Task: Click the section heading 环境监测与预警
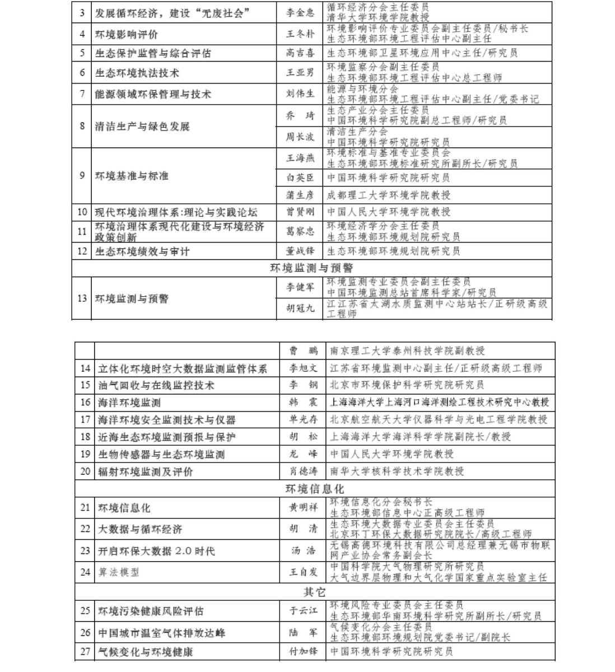click(x=311, y=268)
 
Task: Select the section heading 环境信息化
click(x=315, y=489)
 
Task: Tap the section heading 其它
click(x=315, y=591)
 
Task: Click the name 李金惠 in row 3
click(x=300, y=12)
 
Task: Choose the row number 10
click(x=82, y=212)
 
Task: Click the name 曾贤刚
click(x=300, y=212)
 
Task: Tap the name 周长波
click(x=300, y=137)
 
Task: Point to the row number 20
click(x=85, y=472)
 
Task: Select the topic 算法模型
click(x=119, y=572)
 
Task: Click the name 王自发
click(x=303, y=572)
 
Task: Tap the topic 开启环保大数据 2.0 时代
click(x=156, y=551)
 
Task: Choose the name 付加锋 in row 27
click(x=303, y=652)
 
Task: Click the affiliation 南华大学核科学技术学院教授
click(x=397, y=472)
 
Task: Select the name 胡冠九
click(x=300, y=309)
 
